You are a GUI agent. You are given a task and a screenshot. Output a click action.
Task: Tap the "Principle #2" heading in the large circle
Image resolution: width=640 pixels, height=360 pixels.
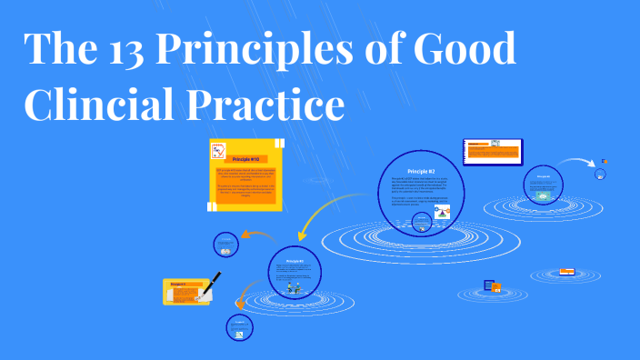421,171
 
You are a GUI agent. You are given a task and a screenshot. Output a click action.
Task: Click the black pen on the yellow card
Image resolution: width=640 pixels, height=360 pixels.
215,281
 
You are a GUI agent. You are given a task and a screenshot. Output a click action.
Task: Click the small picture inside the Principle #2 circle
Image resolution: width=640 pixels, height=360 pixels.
443,213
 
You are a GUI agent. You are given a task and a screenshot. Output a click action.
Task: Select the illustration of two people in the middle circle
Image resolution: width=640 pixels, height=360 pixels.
295,284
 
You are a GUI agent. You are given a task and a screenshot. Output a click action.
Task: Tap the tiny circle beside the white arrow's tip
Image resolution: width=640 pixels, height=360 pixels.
601,173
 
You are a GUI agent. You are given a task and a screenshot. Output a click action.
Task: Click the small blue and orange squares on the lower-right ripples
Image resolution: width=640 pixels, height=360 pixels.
493,287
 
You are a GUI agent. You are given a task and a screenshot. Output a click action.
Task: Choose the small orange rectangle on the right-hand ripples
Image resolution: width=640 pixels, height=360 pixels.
567,270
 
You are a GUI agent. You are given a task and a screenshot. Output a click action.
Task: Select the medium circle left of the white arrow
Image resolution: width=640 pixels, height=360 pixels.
545,185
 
